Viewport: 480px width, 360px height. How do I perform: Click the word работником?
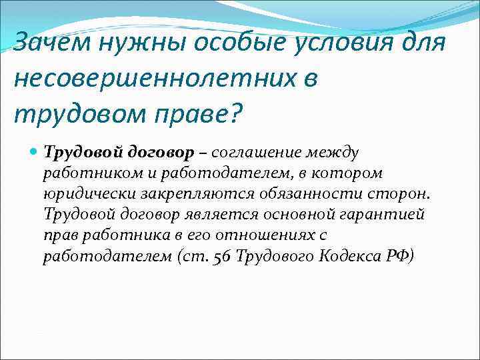tap(84, 173)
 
